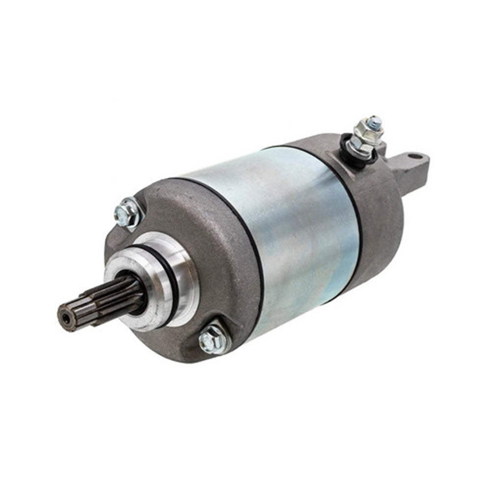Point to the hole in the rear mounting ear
(x=415, y=157)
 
